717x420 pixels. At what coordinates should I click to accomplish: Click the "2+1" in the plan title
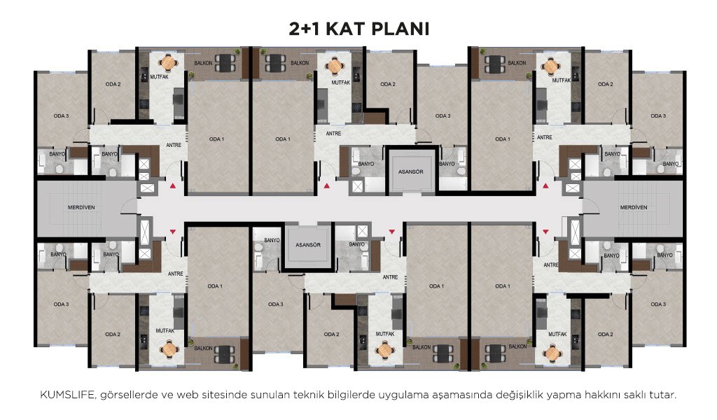click(x=305, y=29)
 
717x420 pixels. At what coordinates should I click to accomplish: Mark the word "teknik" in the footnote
click(x=309, y=395)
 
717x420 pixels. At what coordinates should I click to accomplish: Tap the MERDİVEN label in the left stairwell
click(x=81, y=207)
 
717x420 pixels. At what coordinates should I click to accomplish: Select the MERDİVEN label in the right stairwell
click(x=633, y=207)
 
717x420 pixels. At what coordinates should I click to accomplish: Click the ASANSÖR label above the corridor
click(x=410, y=171)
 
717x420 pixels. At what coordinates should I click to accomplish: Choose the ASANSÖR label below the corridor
click(x=308, y=245)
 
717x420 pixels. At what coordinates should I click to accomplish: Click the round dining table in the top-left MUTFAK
click(x=168, y=62)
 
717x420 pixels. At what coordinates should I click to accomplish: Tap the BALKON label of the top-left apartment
click(x=203, y=63)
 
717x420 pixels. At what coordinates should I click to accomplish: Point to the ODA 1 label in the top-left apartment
click(x=216, y=139)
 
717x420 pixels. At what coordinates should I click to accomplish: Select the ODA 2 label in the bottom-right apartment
click(x=605, y=335)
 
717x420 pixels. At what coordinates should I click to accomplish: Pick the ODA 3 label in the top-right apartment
click(x=658, y=116)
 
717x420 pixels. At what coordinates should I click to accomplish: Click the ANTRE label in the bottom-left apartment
click(x=175, y=274)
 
